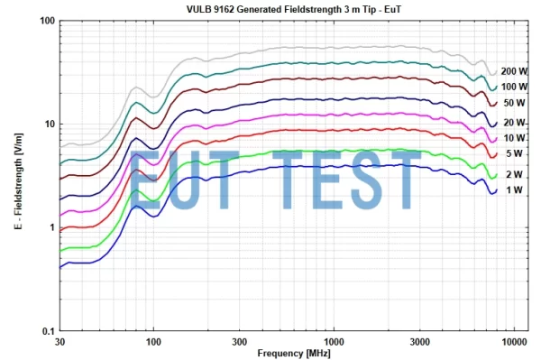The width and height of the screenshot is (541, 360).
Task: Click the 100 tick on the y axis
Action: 46,21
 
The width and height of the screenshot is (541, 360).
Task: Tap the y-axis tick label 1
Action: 51,227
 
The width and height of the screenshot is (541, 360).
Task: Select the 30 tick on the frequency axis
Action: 60,342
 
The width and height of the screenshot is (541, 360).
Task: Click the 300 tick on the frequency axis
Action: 241,342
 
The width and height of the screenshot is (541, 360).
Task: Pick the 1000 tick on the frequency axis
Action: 335,342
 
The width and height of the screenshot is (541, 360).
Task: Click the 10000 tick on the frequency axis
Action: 514,342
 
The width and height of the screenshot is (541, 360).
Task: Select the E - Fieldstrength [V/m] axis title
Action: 18,177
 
